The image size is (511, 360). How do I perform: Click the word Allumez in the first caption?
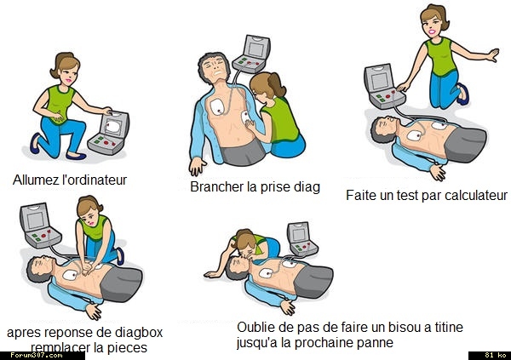click(x=36, y=180)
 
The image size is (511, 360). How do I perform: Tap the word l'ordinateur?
click(x=95, y=180)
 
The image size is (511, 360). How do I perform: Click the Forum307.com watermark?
click(x=37, y=355)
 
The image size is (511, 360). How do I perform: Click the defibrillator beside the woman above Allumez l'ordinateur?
click(x=108, y=133)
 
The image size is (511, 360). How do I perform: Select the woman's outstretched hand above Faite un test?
click(x=493, y=55)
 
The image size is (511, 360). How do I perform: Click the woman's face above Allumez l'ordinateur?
click(x=69, y=74)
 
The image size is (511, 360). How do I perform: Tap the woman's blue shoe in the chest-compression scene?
click(x=120, y=256)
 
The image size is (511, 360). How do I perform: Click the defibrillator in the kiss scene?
click(x=301, y=239)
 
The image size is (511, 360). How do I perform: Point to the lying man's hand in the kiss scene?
click(x=288, y=307)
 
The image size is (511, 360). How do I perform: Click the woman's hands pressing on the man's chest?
click(x=88, y=269)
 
